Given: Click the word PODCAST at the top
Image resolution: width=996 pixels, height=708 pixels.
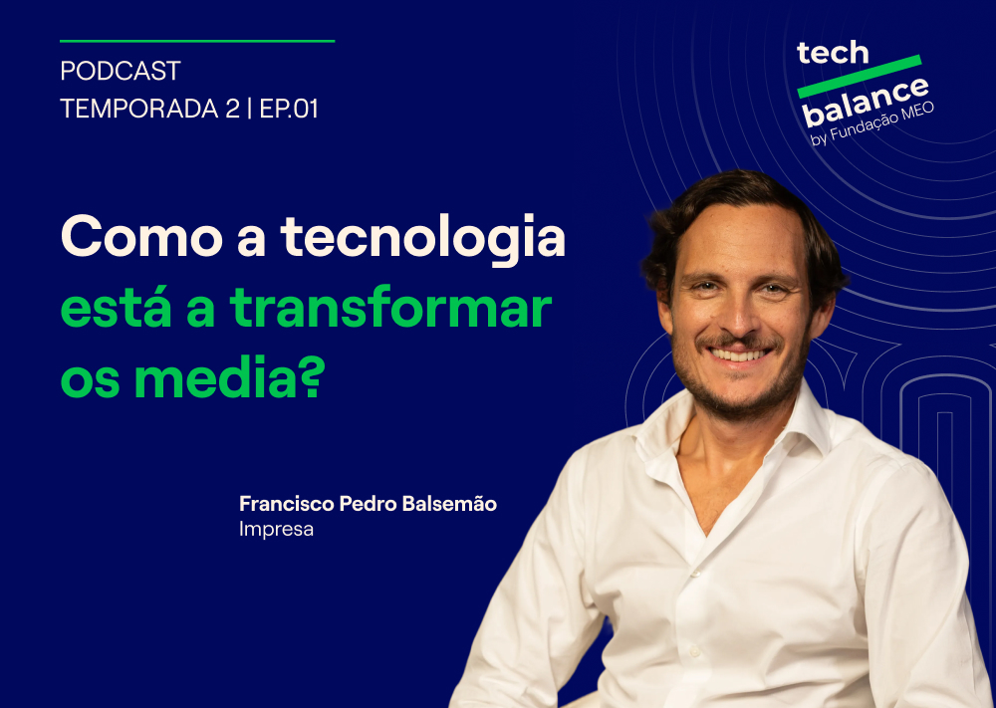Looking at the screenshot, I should [x=121, y=73].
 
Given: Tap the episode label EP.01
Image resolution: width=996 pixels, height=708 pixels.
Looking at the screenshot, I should [x=289, y=110].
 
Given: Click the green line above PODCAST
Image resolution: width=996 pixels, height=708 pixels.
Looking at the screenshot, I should [x=197, y=41].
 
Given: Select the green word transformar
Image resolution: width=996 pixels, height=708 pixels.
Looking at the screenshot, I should [x=390, y=309].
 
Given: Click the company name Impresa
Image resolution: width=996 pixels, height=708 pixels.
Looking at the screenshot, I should [x=276, y=530].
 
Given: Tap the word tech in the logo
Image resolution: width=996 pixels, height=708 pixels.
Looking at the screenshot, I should [x=833, y=53].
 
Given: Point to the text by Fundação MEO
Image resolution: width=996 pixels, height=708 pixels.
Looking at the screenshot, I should [x=873, y=122].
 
